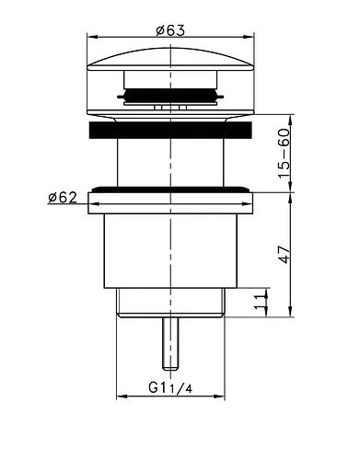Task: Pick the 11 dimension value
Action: pos(261,299)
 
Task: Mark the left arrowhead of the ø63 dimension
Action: pos(91,38)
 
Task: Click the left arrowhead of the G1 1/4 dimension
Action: pos(122,397)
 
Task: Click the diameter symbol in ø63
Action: pos(160,29)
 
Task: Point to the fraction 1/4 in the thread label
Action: pos(185,388)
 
